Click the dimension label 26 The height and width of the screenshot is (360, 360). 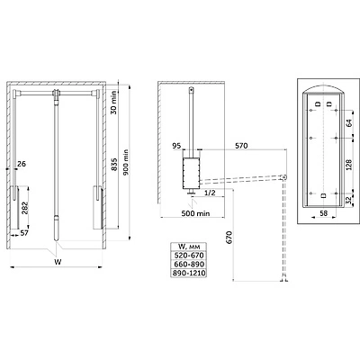point(22,164)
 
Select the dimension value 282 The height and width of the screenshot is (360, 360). point(24,207)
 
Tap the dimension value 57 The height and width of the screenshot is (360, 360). point(24,233)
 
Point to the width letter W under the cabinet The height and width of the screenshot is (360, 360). point(58,262)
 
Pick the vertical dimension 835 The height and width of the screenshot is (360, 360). point(114,165)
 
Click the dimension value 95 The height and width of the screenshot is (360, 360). point(177,146)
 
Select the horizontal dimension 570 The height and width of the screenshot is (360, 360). point(241,146)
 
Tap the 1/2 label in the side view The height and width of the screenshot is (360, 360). point(210,193)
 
